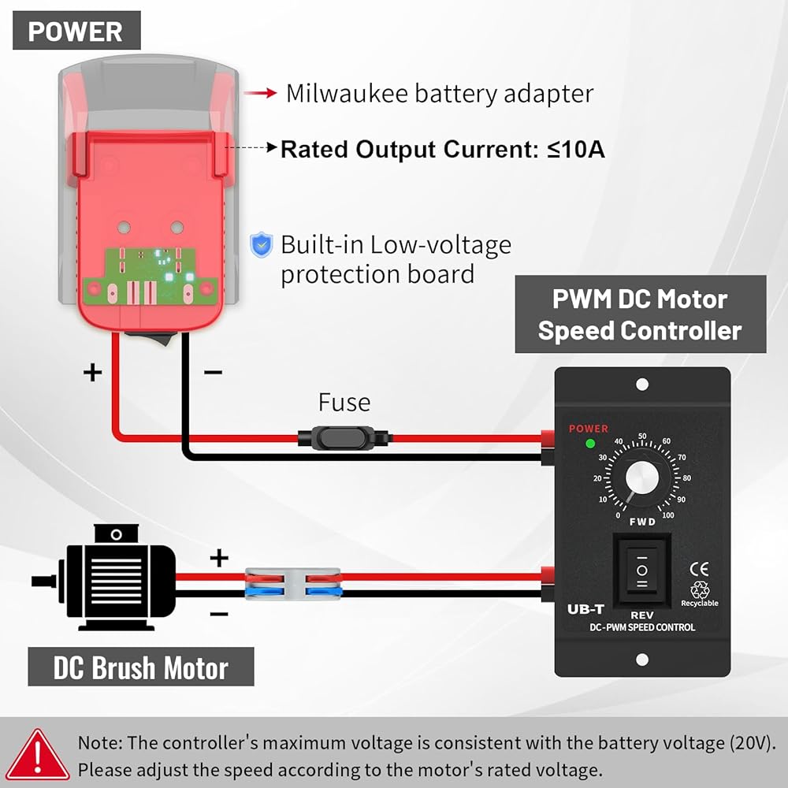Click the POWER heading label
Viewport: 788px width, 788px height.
76,32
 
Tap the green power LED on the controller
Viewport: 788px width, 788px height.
589,444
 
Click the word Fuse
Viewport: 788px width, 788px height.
344,403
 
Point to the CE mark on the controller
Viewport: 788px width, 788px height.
698,568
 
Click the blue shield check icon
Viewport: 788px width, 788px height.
261,246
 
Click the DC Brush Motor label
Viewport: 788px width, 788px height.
141,668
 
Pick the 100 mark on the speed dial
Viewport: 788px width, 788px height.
668,515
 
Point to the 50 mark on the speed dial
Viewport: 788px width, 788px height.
642,436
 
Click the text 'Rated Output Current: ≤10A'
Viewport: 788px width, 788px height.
443,149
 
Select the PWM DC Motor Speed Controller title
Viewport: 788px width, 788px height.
640,314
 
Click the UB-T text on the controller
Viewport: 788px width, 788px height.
585,609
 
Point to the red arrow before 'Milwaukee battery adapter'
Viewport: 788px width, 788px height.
260,94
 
